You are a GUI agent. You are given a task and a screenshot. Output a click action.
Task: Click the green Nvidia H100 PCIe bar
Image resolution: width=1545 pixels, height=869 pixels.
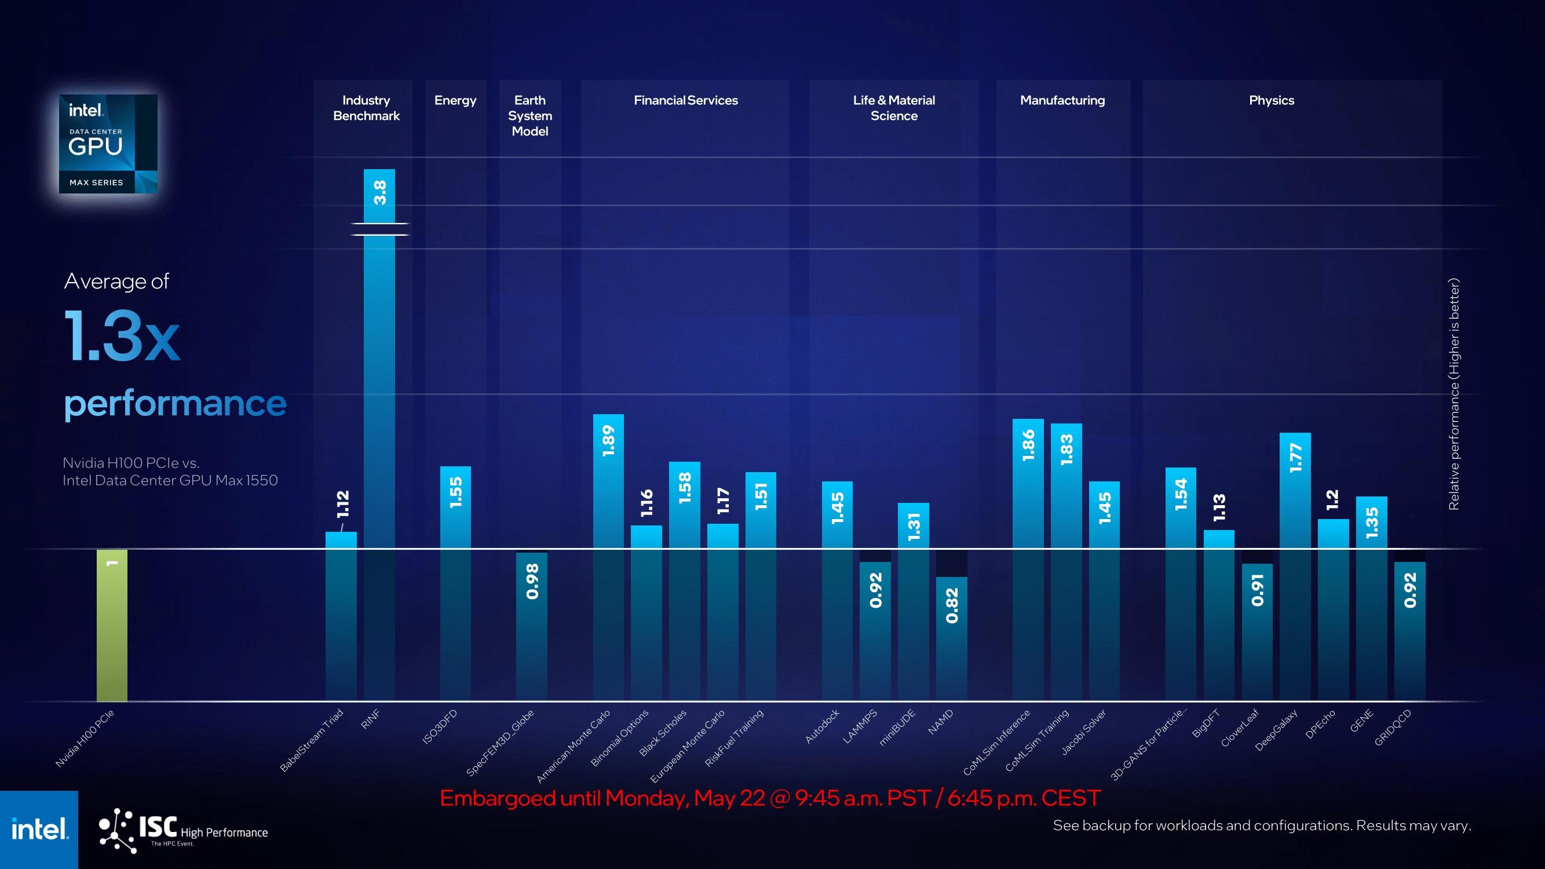112,626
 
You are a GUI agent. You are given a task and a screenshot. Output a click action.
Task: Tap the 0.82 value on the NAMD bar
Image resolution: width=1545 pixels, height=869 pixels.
952,606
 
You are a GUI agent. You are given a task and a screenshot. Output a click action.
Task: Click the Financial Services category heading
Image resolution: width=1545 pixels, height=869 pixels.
686,100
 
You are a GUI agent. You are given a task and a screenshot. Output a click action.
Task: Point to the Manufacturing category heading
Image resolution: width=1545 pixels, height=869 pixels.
1062,100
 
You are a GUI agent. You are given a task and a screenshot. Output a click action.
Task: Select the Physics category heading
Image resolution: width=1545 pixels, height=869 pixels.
1272,100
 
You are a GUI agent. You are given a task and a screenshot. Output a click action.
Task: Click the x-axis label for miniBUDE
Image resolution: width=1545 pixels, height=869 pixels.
897,728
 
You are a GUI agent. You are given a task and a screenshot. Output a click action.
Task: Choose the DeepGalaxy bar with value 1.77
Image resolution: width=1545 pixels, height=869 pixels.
1295,567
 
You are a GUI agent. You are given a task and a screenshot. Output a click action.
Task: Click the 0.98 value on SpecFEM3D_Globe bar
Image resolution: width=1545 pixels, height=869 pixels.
532,581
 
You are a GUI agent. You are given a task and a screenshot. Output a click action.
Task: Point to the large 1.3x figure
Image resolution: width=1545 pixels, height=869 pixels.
122,336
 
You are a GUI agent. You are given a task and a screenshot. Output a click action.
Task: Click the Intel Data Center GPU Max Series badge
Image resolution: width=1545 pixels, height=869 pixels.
108,144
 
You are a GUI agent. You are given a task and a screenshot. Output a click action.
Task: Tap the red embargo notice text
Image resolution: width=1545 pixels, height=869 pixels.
770,798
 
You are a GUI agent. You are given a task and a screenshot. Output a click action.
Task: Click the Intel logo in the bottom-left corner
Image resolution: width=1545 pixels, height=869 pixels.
39,830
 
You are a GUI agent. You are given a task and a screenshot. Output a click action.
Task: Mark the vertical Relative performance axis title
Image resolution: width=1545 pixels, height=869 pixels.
1454,394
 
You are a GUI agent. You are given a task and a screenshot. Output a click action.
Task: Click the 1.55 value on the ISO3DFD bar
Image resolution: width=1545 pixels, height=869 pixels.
456,492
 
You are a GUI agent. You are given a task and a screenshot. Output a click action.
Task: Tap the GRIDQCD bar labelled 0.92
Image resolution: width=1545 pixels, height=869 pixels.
1409,631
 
